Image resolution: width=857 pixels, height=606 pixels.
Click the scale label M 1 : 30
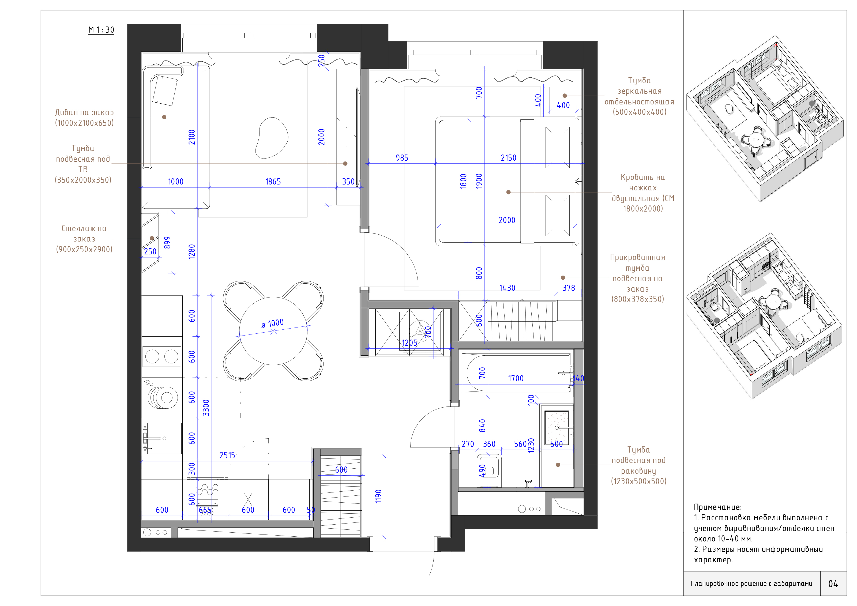click(x=101, y=30)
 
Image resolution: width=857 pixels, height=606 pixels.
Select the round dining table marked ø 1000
click(x=273, y=331)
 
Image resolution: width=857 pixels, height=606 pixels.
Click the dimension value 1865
click(x=273, y=182)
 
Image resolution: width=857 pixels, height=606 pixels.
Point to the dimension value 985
click(x=402, y=158)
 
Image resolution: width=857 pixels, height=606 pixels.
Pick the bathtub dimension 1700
click(x=516, y=378)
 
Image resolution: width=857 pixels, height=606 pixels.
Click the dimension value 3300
click(x=206, y=408)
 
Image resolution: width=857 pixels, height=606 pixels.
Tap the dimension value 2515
click(x=227, y=455)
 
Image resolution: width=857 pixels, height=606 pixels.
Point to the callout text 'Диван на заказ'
click(x=84, y=112)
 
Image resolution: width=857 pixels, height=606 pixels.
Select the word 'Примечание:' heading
click(x=718, y=507)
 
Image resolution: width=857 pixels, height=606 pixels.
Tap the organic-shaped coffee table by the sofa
click(x=272, y=138)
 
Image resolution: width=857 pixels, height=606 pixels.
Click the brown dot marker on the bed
click(x=508, y=192)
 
